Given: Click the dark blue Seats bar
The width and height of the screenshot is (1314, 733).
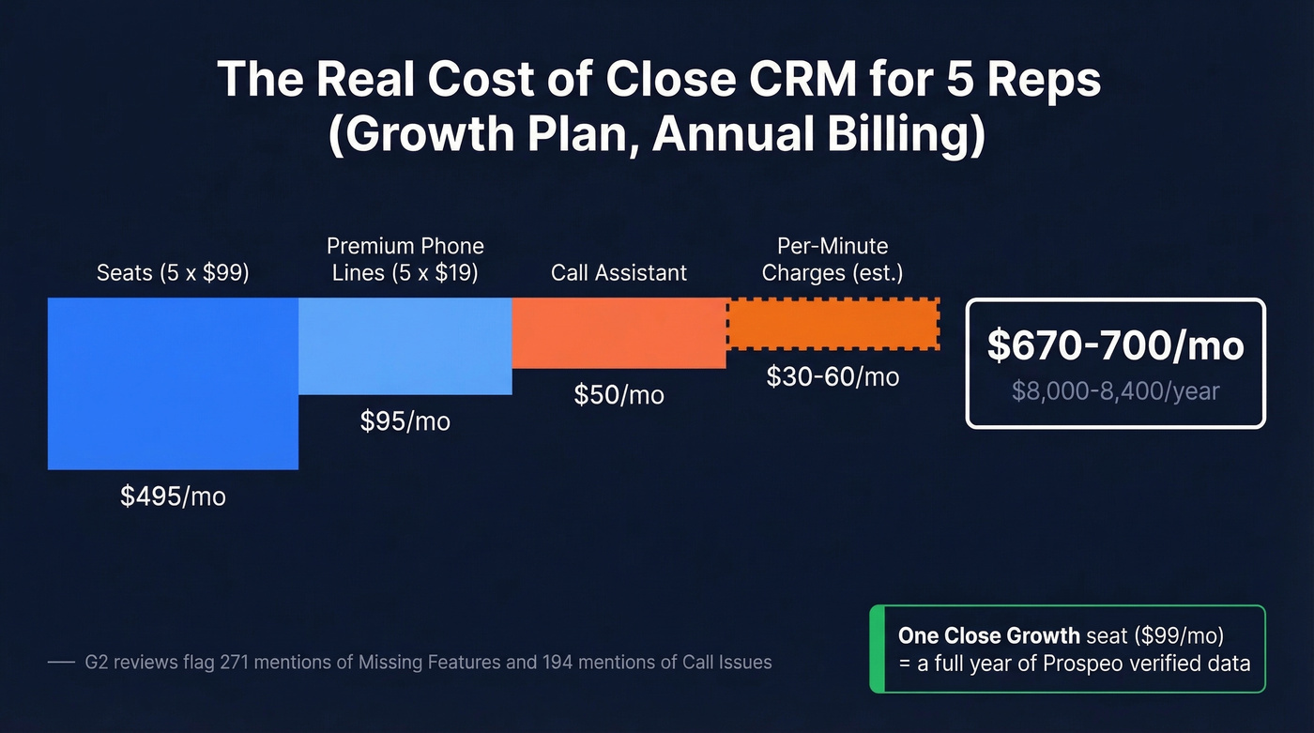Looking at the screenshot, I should click(x=173, y=383).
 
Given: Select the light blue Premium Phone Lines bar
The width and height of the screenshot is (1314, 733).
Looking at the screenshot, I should click(x=405, y=345).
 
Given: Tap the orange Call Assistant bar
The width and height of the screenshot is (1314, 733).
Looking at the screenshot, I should click(x=619, y=332).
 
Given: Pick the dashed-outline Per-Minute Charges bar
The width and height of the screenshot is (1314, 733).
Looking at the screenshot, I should click(x=833, y=324).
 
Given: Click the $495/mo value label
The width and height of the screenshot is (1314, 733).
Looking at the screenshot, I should click(x=173, y=496).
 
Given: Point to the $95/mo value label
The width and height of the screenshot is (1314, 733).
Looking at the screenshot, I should click(x=405, y=421).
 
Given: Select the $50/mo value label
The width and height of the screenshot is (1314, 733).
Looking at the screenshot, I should click(x=619, y=395).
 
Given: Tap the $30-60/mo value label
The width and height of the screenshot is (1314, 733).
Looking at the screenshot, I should click(x=833, y=376).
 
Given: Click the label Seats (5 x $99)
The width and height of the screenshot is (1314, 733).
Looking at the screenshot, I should click(x=173, y=273).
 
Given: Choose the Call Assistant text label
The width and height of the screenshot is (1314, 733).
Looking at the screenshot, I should click(x=619, y=273).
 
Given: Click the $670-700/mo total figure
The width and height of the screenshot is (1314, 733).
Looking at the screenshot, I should click(x=1115, y=345).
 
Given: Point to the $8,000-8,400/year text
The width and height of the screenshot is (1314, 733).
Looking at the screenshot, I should click(x=1115, y=389).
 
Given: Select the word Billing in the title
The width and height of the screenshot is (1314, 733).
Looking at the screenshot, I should click(x=916, y=134).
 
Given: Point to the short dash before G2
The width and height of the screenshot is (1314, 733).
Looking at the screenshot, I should click(x=60, y=662).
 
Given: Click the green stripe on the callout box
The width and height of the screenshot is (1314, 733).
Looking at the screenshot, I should click(x=877, y=649).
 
